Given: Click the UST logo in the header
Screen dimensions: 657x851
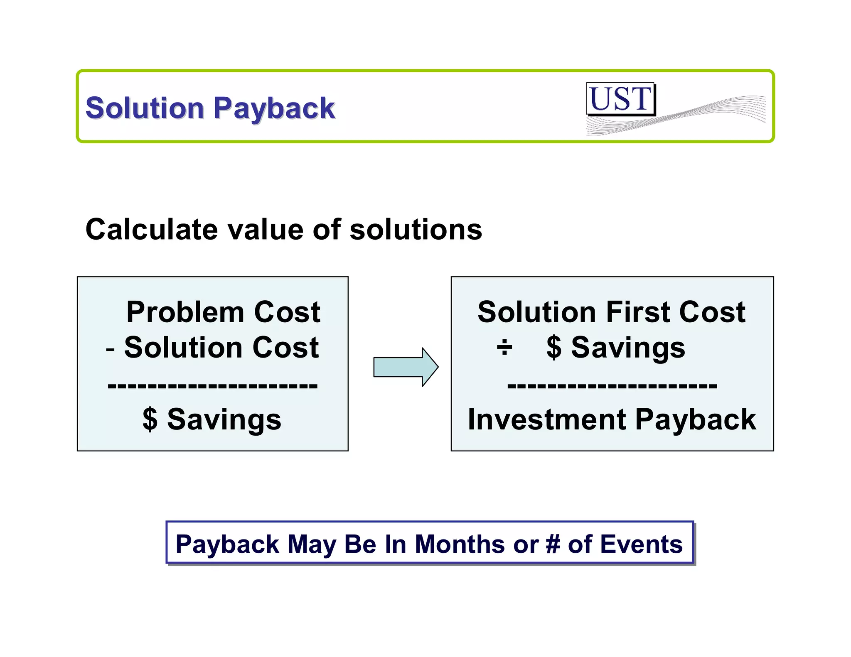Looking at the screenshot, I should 620,99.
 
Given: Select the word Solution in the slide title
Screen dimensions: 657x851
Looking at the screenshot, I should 145,108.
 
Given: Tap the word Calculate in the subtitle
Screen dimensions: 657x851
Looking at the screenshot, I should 151,230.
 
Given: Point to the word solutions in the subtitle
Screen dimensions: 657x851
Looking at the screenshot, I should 416,230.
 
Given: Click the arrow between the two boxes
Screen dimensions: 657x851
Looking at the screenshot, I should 406,367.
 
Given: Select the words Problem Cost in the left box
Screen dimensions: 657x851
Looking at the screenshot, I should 223,312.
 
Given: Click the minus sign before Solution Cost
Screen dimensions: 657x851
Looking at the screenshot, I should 110,348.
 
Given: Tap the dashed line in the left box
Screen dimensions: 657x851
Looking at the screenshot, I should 212,385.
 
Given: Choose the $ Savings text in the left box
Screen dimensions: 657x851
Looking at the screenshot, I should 212,419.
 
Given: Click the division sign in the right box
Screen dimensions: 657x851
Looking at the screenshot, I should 504,348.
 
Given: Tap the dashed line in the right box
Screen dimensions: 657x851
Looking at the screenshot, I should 612,385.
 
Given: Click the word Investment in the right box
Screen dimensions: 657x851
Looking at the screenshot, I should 546,419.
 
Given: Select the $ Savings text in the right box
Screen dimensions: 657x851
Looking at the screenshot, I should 615,348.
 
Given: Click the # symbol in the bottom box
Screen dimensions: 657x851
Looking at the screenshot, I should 553,544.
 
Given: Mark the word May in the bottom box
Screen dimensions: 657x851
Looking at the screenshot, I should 312,545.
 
